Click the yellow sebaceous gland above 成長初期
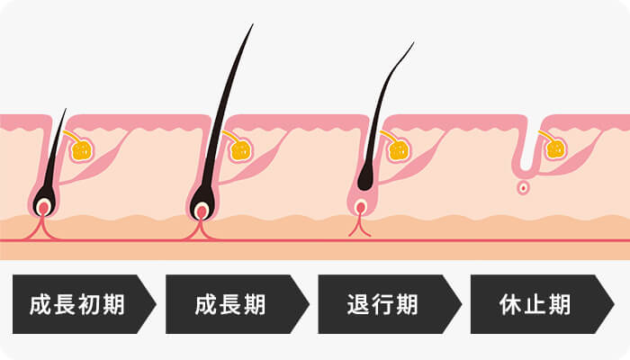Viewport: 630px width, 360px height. [x=83, y=149]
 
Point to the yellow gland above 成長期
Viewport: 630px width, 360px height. [x=240, y=149]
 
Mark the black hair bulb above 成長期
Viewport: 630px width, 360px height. [x=202, y=200]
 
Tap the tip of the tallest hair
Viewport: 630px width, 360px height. [x=252, y=25]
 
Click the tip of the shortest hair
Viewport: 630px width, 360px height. [x=65, y=111]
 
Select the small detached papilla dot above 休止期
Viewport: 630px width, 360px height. [x=523, y=189]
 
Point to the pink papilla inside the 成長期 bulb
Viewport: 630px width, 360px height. [x=202, y=212]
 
